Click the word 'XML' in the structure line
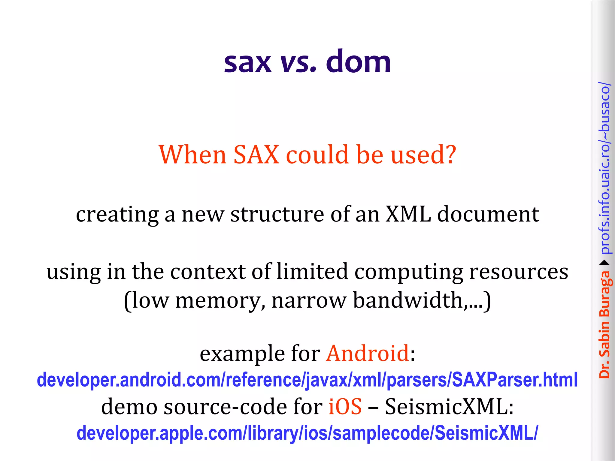[x=408, y=214]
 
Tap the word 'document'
[x=488, y=214]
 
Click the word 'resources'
[x=519, y=272]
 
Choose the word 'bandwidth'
[x=408, y=300]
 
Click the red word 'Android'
[x=368, y=353]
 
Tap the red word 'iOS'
[x=345, y=407]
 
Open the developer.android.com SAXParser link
[x=307, y=380]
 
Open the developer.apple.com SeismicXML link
[x=307, y=433]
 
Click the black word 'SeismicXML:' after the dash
[x=449, y=407]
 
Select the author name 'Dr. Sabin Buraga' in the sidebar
[x=604, y=324]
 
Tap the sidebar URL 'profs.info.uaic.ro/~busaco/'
[x=604, y=168]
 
